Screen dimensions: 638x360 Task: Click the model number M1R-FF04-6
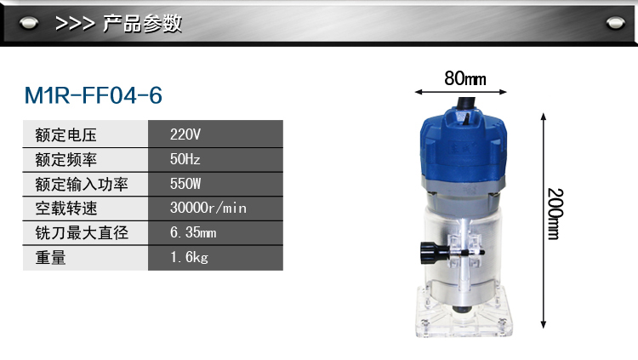tap(94, 95)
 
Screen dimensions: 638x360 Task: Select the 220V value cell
tap(215, 134)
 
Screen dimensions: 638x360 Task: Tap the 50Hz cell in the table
tap(215, 159)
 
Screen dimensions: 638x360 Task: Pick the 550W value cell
tap(215, 184)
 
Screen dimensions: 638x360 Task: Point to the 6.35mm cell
tap(215, 232)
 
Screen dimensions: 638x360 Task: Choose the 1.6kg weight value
tap(215, 257)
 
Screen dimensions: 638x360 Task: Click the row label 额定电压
tap(66, 134)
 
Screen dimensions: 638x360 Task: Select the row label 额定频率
tap(66, 160)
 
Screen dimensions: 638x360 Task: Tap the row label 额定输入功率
tap(82, 184)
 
